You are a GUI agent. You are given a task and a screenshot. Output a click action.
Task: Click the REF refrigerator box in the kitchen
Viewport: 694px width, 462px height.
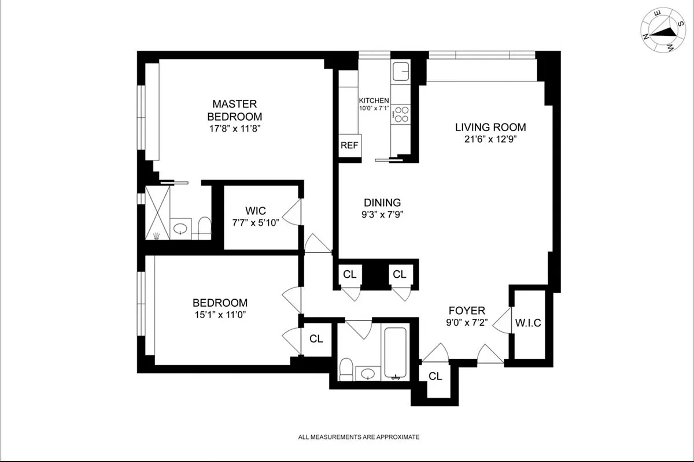click(349, 146)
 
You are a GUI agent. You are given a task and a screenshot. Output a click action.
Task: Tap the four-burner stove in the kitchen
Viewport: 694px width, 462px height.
click(401, 114)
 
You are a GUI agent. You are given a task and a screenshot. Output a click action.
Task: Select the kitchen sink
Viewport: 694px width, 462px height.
click(401, 72)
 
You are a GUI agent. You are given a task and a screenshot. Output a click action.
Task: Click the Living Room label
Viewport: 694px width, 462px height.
click(490, 127)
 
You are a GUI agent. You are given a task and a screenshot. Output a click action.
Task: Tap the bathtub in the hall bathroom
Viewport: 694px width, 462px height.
click(396, 353)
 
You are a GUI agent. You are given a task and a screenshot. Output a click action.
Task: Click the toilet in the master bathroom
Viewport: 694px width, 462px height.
click(204, 227)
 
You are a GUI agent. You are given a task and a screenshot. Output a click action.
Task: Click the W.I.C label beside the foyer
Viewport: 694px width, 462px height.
click(528, 323)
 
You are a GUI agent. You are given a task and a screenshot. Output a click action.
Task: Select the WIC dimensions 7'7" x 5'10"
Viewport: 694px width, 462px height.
click(255, 223)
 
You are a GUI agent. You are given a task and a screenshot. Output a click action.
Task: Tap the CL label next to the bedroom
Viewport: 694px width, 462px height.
click(316, 339)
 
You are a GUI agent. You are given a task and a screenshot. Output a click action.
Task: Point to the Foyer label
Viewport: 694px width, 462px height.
click(467, 310)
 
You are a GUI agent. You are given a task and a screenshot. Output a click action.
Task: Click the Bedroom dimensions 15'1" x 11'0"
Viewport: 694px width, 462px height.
click(220, 315)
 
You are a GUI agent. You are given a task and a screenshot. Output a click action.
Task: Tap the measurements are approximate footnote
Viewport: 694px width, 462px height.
click(359, 437)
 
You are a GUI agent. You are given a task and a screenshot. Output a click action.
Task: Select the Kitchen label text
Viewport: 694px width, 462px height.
click(374, 100)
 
